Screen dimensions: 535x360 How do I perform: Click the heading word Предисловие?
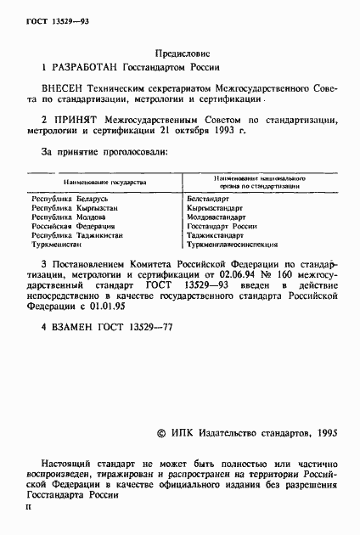tap(181, 51)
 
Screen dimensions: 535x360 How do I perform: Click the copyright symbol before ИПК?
tap(163, 434)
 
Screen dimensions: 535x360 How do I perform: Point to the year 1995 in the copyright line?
tap(323, 434)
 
